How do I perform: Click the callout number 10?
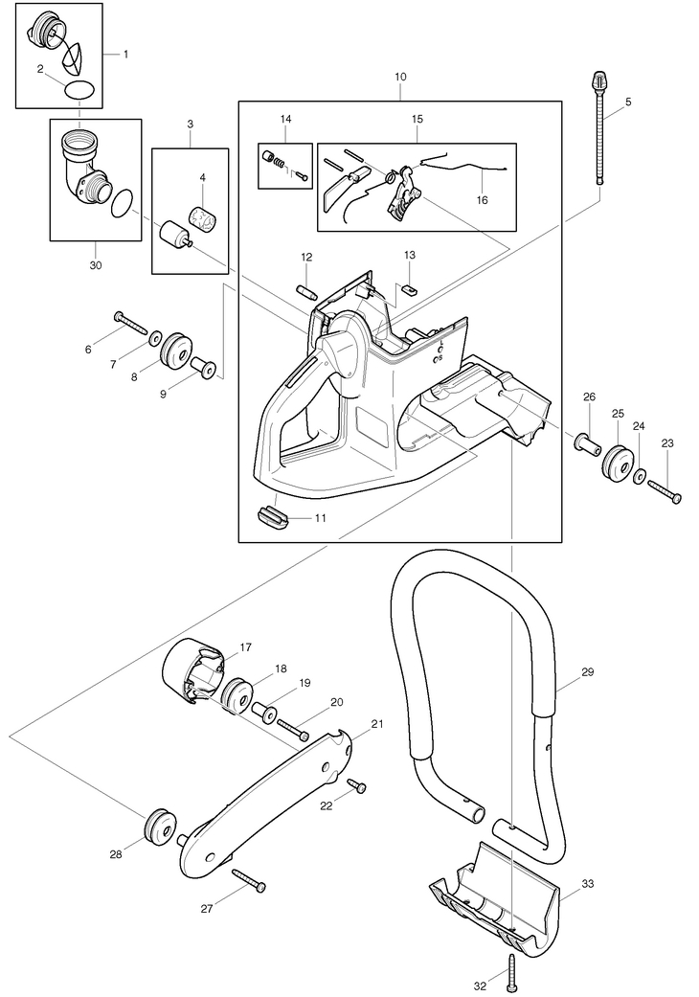399,76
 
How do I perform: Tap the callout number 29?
587,672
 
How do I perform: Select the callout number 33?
587,884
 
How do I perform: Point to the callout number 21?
376,724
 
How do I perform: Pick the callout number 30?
95,264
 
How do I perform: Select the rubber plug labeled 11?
273,517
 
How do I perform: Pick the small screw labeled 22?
358,786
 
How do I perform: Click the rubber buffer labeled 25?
618,462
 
